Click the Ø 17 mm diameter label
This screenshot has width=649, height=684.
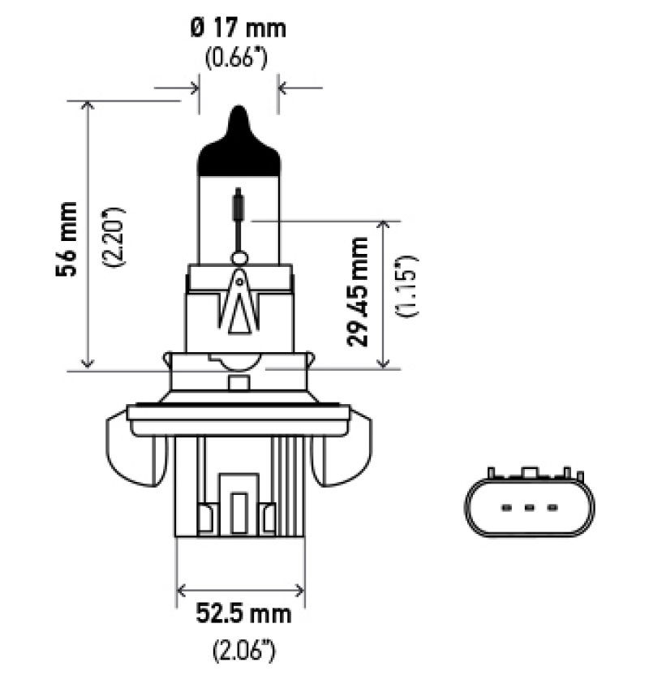238,28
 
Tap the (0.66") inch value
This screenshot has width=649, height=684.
238,59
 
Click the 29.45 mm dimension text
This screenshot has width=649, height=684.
359,291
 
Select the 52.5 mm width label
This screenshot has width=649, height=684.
243,614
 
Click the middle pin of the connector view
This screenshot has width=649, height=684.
529,508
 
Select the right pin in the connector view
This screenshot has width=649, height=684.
552,508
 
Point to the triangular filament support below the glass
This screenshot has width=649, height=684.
239,304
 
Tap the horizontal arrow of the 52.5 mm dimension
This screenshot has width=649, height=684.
241,589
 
